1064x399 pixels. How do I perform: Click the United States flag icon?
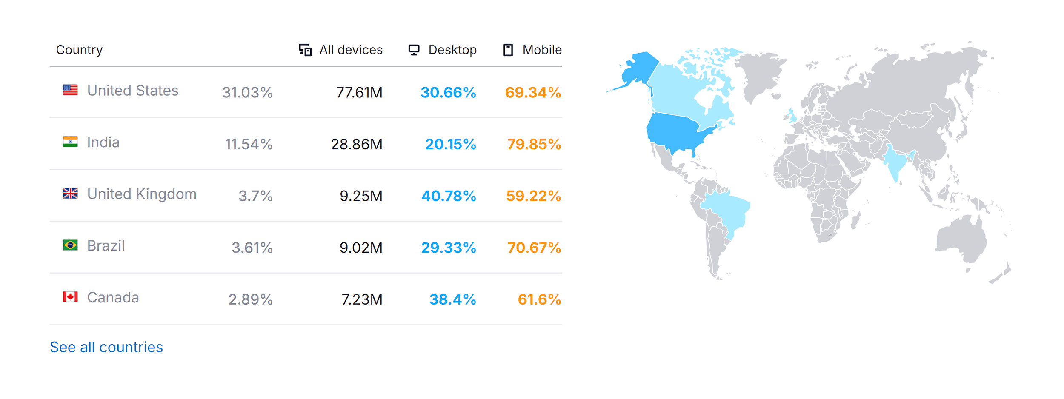pyautogui.click(x=70, y=90)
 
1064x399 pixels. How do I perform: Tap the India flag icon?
pyautogui.click(x=70, y=142)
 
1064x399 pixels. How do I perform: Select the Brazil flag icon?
pyautogui.click(x=70, y=245)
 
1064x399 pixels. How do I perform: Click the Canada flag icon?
pyautogui.click(x=70, y=297)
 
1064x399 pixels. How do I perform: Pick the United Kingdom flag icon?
pyautogui.click(x=70, y=194)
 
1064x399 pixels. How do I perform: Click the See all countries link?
pyautogui.click(x=106, y=347)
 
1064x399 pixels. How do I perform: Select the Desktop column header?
pyautogui.click(x=443, y=50)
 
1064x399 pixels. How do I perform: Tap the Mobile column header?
pyautogui.click(x=532, y=50)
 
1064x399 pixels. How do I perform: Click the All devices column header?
pyautogui.click(x=341, y=50)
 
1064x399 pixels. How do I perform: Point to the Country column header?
pyautogui.click(x=80, y=50)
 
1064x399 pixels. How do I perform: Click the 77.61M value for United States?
pyautogui.click(x=359, y=92)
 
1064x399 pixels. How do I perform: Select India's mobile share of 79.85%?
pyautogui.click(x=534, y=144)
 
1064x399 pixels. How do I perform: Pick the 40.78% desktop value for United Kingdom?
pyautogui.click(x=449, y=196)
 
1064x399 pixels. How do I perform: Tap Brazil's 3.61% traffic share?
pyautogui.click(x=252, y=248)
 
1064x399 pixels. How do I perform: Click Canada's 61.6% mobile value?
pyautogui.click(x=539, y=299)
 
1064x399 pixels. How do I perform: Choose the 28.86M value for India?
pyautogui.click(x=357, y=144)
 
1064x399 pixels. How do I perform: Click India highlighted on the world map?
pyautogui.click(x=896, y=164)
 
